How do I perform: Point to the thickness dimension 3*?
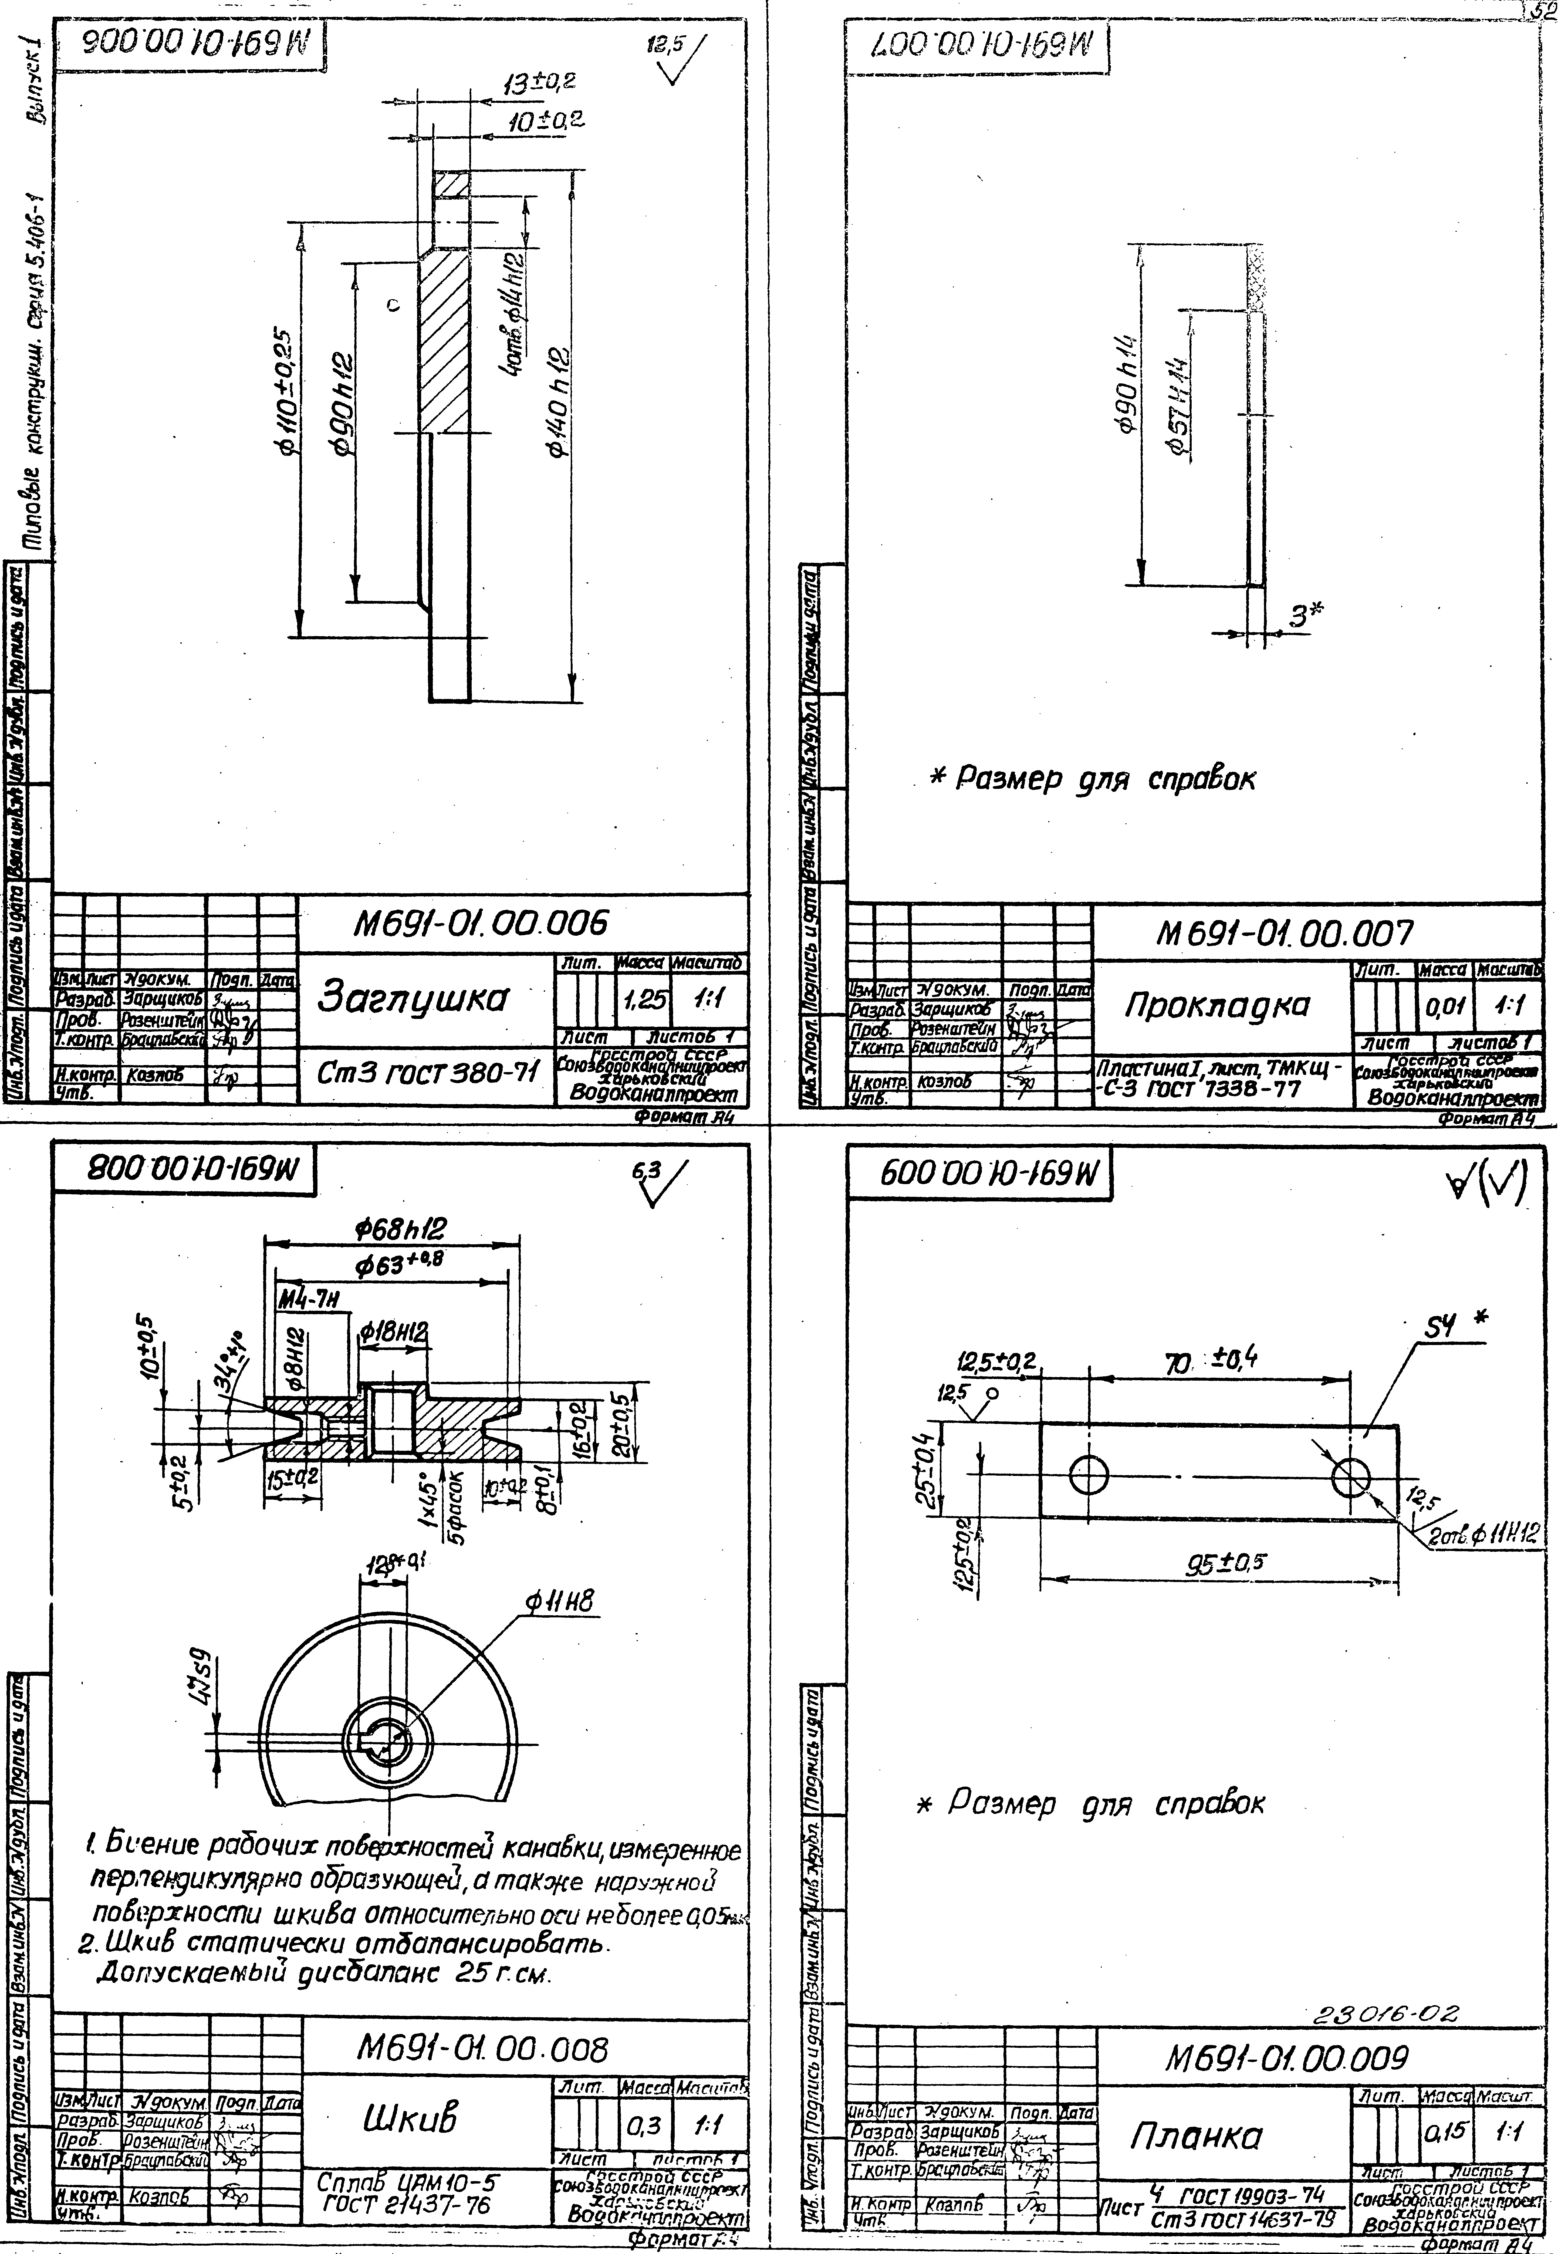click(x=1305, y=615)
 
